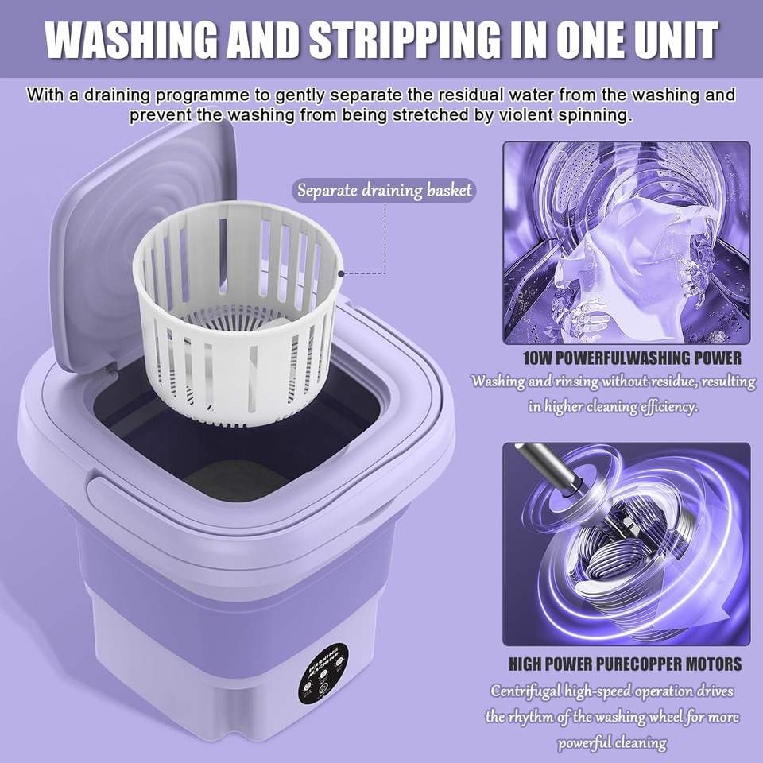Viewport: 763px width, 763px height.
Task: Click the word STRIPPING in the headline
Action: [405, 40]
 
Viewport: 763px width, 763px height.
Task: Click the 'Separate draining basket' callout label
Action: [384, 190]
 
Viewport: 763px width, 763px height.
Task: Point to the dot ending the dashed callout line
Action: [341, 274]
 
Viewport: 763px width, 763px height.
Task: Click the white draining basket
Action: [237, 312]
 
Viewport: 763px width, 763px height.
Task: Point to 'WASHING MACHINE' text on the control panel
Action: [323, 660]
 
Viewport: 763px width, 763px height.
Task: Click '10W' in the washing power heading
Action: [538, 358]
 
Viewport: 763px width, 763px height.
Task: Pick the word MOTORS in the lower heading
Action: [714, 664]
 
